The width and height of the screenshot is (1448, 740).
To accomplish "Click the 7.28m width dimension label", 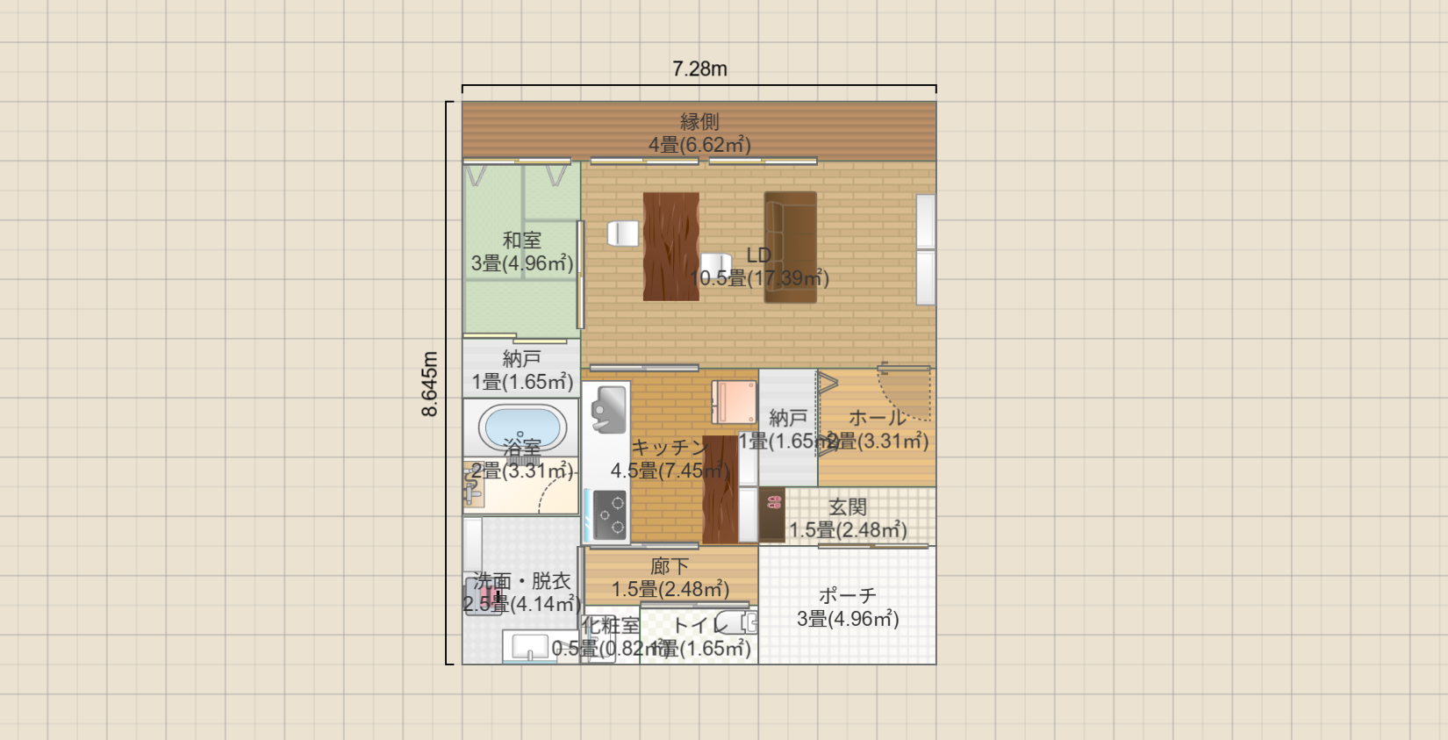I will (699, 68).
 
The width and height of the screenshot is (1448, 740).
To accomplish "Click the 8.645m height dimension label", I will (429, 384).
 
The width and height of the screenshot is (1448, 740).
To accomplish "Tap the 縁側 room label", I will (699, 122).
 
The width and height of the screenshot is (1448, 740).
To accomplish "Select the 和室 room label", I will (521, 240).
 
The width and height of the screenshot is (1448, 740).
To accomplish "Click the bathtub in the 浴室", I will (521, 427).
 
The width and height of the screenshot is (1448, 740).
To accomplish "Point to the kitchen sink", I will (608, 409).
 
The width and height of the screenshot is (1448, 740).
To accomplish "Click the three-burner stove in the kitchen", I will (609, 514).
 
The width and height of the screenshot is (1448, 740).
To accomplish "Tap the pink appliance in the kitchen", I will (735, 402).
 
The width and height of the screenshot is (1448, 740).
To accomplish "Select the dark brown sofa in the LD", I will (790, 247).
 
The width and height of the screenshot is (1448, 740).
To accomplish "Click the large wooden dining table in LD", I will (670, 247).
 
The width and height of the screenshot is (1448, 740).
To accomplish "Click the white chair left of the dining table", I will (623, 233).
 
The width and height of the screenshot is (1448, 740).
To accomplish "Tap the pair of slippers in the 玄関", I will (773, 502).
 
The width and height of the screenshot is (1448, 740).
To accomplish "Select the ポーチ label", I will (847, 596).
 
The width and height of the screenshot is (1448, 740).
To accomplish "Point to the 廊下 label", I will (670, 567).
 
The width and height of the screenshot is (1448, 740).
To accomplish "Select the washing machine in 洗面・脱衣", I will (484, 597).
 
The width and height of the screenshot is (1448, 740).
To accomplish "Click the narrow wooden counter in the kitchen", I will (720, 490).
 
